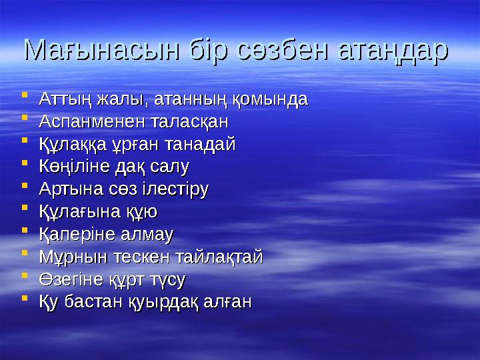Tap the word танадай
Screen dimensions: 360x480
198,145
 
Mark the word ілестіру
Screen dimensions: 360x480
175,189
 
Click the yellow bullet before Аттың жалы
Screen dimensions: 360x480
25,99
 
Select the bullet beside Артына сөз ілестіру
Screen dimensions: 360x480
25,188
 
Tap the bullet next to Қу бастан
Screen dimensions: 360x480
25,300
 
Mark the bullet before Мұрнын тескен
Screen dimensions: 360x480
25,255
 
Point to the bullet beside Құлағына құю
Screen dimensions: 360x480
25,211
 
